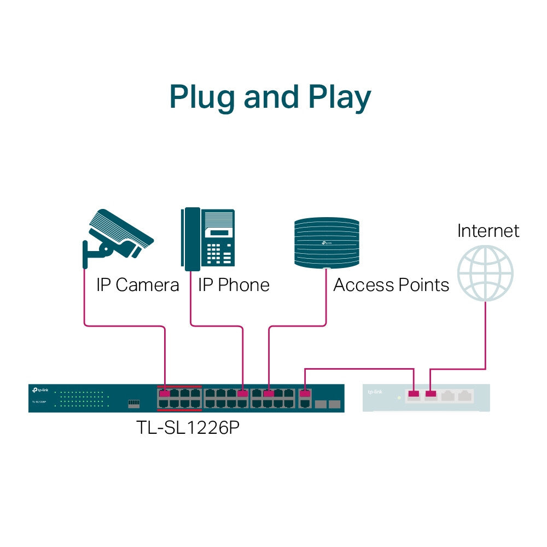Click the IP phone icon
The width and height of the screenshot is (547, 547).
click(208, 239)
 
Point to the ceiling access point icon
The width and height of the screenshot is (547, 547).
click(327, 243)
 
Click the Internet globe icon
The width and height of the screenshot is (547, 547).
click(485, 273)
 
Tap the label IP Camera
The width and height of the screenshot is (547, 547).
click(137, 285)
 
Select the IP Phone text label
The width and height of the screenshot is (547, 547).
click(234, 285)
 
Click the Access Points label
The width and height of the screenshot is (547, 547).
click(391, 285)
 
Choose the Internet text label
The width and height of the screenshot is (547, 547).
click(488, 230)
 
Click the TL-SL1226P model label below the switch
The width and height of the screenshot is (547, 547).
click(188, 428)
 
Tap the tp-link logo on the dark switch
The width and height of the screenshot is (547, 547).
click(39, 390)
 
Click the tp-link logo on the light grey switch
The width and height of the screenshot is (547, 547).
click(375, 392)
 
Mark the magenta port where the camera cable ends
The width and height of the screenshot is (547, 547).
click(164, 393)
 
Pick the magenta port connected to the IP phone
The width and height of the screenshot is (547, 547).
click(243, 393)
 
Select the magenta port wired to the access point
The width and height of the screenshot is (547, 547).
click(269, 393)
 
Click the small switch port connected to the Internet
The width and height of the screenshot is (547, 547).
click(431, 393)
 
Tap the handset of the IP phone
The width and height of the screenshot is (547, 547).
click(191, 239)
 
